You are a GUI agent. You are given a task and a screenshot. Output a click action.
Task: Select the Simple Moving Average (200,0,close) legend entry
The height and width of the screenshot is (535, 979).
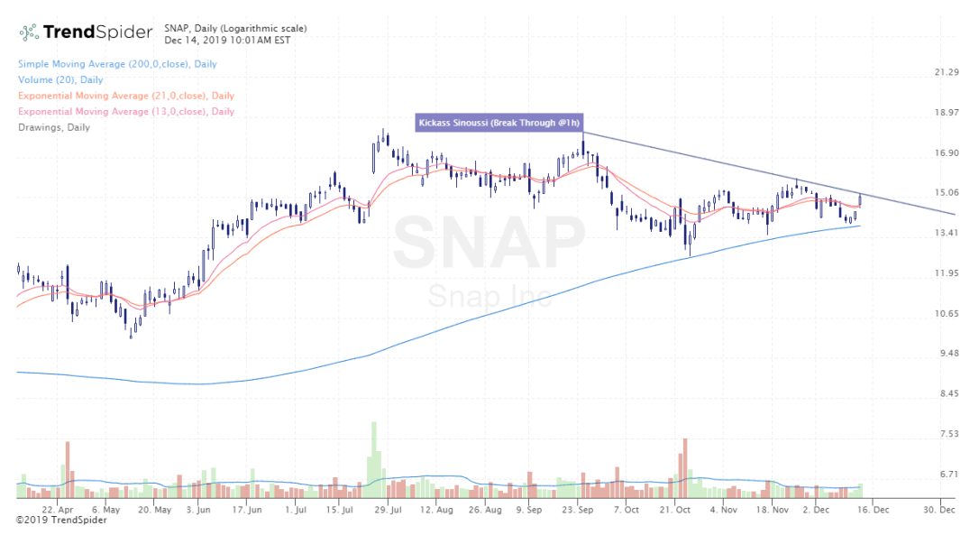(x=116, y=64)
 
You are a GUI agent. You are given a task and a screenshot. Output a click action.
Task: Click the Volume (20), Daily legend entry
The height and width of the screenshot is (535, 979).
(x=59, y=80)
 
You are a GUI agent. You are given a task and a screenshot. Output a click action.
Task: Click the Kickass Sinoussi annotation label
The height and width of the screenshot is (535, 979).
(x=498, y=123)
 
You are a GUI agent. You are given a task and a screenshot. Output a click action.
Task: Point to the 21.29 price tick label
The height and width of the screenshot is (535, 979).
(x=947, y=72)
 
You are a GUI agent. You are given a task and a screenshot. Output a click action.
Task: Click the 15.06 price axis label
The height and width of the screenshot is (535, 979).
(x=947, y=192)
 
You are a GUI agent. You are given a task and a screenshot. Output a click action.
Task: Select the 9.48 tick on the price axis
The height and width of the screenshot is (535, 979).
(x=947, y=354)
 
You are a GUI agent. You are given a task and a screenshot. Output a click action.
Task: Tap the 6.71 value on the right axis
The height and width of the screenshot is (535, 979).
(x=947, y=474)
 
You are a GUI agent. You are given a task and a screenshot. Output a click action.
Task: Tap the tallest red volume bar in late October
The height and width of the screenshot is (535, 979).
(x=685, y=467)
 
